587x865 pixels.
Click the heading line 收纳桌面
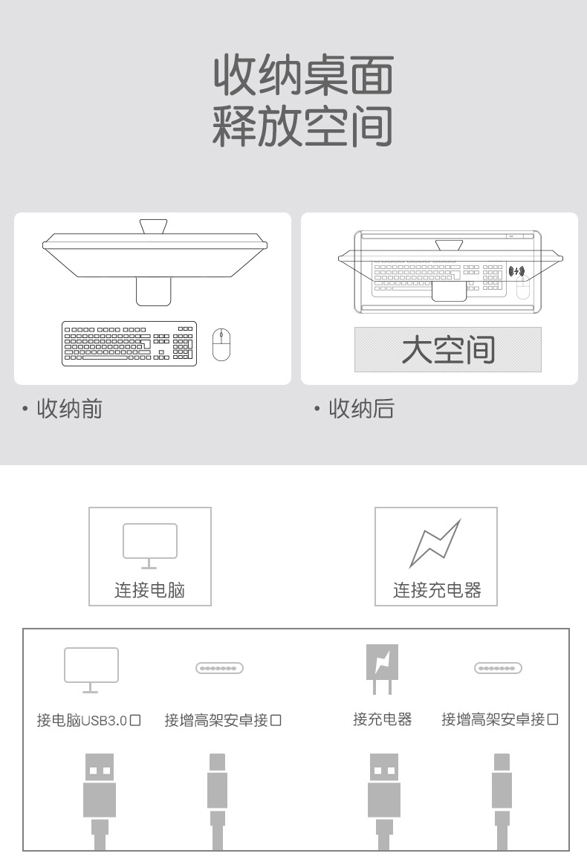[x=302, y=75]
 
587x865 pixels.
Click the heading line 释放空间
[x=302, y=126]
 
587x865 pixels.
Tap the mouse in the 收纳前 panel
[x=221, y=344]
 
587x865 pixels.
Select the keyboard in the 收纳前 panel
[x=129, y=343]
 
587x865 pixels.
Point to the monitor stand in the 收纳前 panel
[x=155, y=291]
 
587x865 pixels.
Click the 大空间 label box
[x=447, y=349]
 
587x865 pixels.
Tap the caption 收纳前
[x=69, y=409]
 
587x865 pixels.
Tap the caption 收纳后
[x=361, y=409]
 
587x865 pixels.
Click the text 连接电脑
[x=149, y=591]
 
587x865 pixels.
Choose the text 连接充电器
[x=437, y=591]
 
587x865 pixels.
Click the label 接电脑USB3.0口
[x=89, y=720]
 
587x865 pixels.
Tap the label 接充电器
[x=382, y=719]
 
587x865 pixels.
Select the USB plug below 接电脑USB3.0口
[x=100, y=795]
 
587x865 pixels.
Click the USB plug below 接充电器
[x=384, y=795]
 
